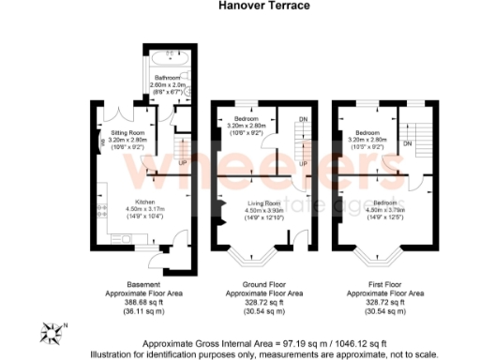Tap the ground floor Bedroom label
pos(247,120)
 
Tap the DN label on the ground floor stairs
pos(302,121)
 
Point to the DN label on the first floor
pos(408,142)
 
